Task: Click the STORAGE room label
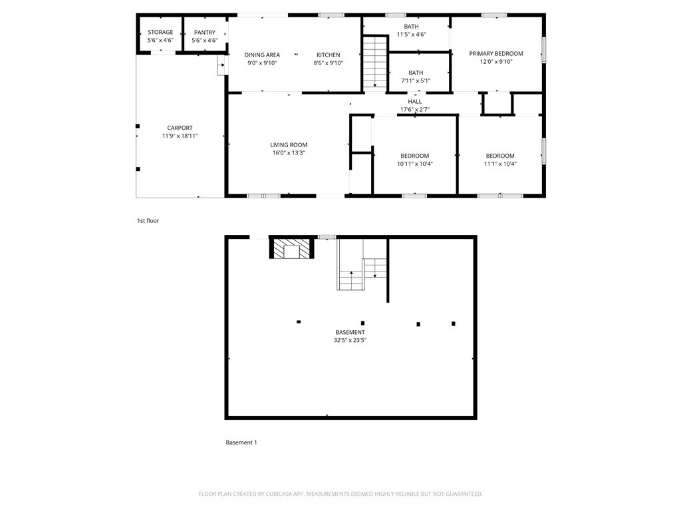[x=160, y=32]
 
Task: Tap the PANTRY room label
[x=204, y=32]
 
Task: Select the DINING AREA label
[x=262, y=55]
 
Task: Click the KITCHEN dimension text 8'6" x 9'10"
[x=328, y=63]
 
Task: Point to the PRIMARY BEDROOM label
[x=496, y=53]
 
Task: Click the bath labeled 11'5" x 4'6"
[x=411, y=30]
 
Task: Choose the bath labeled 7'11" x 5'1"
[x=416, y=77]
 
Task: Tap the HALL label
[x=415, y=101]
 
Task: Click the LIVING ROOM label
[x=289, y=144]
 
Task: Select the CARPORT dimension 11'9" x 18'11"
[x=180, y=136]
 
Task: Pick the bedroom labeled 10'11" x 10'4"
[x=414, y=160]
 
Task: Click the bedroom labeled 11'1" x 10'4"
[x=500, y=160]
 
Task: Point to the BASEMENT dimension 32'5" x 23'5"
[x=350, y=340]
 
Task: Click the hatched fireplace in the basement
[x=291, y=250]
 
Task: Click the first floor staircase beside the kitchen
[x=374, y=61]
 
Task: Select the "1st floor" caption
[x=148, y=220]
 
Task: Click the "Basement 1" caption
[x=241, y=442]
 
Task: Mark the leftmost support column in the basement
[x=299, y=322]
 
